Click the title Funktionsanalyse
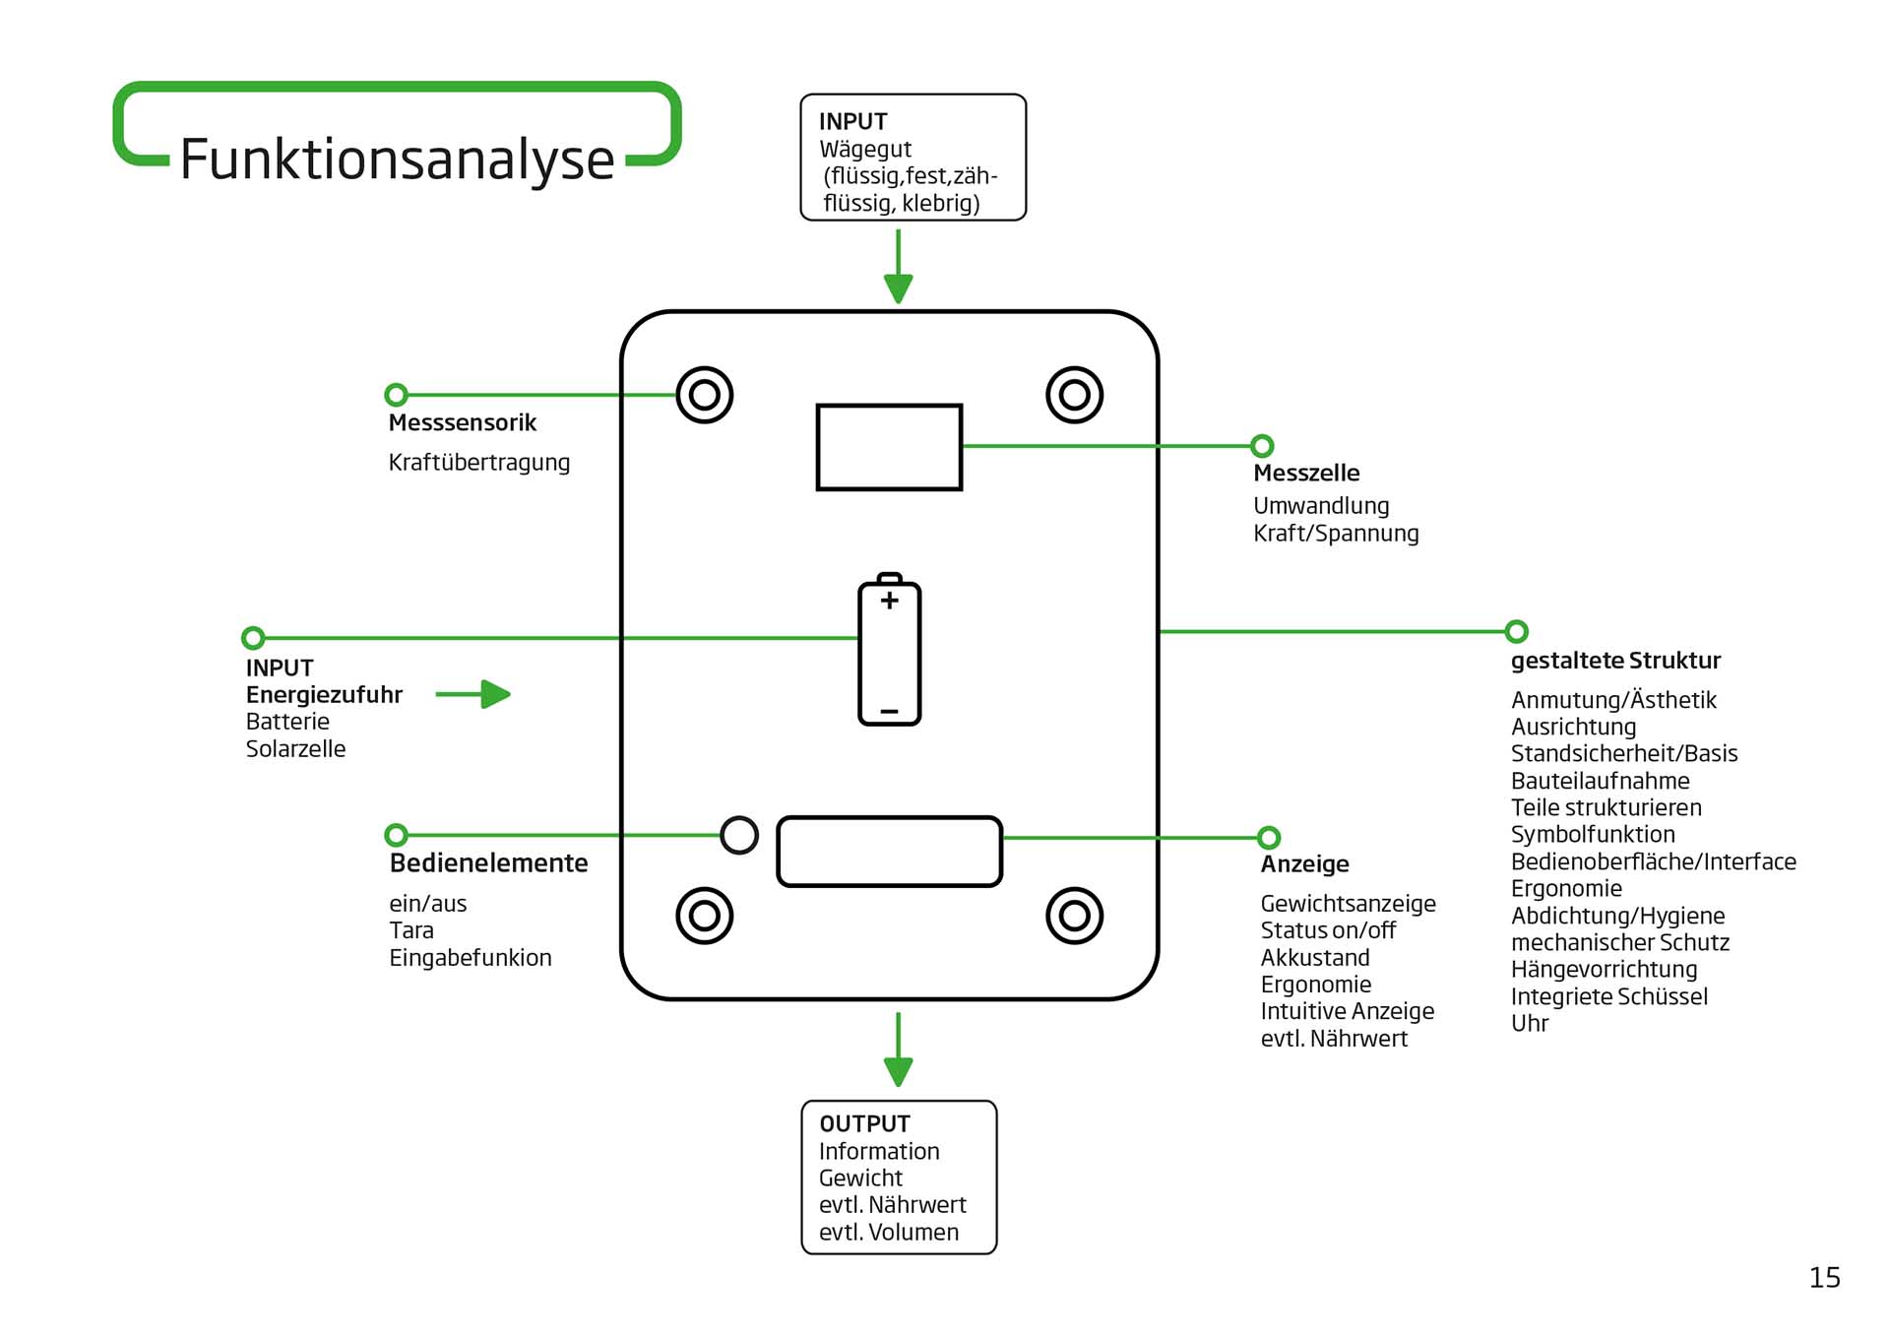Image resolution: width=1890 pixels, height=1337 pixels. [x=397, y=159]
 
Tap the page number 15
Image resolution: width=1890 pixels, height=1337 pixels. [x=1824, y=1278]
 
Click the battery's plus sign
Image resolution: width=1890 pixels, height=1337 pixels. [x=889, y=601]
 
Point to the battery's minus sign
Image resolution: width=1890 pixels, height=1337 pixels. [x=889, y=711]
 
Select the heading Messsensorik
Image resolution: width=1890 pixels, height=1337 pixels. [x=462, y=423]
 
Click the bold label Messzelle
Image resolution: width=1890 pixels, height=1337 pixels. [x=1305, y=474]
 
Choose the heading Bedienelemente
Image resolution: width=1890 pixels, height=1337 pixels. [x=488, y=863]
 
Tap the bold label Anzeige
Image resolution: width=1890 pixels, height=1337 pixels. [x=1304, y=864]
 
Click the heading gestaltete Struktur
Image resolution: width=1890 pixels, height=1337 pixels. [x=1615, y=661]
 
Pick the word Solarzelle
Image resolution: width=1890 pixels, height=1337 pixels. [x=295, y=749]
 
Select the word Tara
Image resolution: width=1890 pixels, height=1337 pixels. [x=410, y=930]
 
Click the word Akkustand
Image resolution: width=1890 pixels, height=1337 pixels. [x=1314, y=958]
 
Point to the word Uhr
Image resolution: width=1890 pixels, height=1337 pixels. [x=1529, y=1024]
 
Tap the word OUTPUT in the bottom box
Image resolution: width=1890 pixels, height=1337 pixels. [x=864, y=1124]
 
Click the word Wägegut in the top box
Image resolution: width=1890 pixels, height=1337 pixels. [x=865, y=150]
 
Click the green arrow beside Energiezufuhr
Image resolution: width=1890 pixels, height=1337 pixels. [x=473, y=694]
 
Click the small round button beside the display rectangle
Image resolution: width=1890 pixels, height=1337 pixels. [x=739, y=835]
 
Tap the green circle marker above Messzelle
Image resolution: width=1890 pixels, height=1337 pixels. [x=1262, y=446]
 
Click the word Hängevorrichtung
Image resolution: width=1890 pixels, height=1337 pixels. [x=1604, y=970]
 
